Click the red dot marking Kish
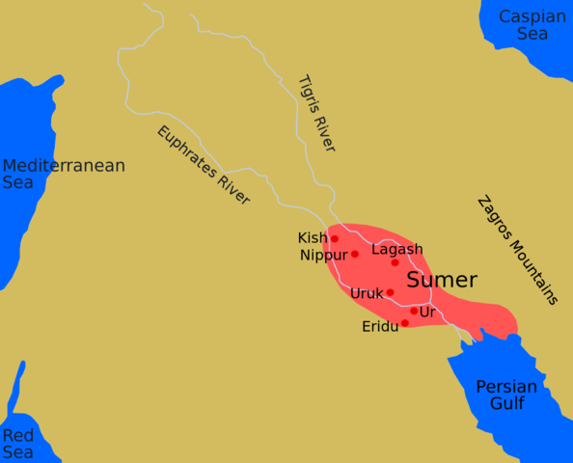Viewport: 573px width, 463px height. tap(335, 238)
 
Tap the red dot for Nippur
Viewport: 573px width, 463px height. tap(354, 254)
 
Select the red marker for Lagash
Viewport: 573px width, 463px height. tap(395, 262)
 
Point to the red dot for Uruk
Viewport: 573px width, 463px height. tap(390, 292)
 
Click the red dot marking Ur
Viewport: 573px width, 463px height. tap(414, 311)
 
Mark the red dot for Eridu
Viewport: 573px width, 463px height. tap(404, 323)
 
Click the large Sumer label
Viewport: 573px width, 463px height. tap(442, 281)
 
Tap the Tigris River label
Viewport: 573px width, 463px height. tap(317, 113)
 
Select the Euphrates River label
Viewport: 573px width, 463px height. tap(204, 165)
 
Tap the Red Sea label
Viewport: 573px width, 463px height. tap(17, 444)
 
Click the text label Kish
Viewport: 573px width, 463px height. tap(312, 237)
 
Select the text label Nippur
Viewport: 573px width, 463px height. tap(323, 256)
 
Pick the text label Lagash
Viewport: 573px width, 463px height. tap(396, 249)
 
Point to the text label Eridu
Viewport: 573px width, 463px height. tap(380, 327)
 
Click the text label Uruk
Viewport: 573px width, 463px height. tap(367, 293)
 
